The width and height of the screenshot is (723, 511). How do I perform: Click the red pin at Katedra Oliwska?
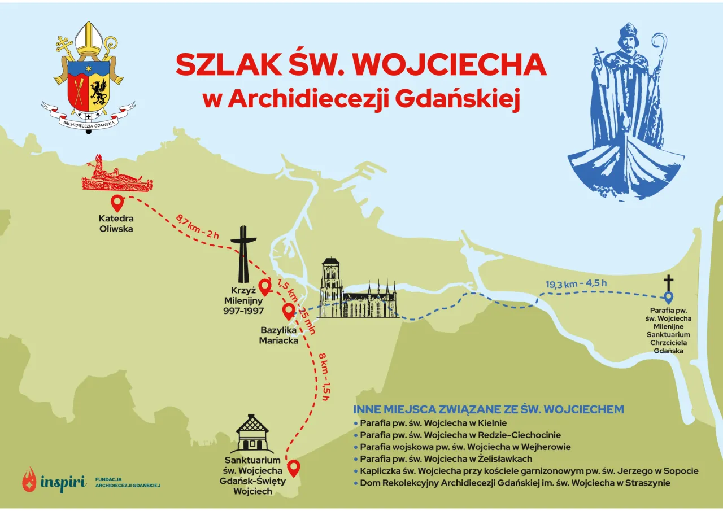(117, 202)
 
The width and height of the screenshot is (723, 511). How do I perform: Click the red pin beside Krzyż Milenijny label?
(264, 286)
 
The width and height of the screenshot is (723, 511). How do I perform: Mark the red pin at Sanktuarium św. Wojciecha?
(294, 468)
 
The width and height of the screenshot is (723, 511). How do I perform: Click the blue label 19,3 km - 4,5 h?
(580, 284)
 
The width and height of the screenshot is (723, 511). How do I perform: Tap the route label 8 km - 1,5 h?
(323, 376)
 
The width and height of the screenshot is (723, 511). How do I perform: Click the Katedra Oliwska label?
(116, 224)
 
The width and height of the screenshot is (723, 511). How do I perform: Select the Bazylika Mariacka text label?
(279, 335)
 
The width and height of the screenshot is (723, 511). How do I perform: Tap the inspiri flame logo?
(29, 479)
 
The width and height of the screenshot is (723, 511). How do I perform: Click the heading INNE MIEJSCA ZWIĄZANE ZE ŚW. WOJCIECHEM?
(488, 409)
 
